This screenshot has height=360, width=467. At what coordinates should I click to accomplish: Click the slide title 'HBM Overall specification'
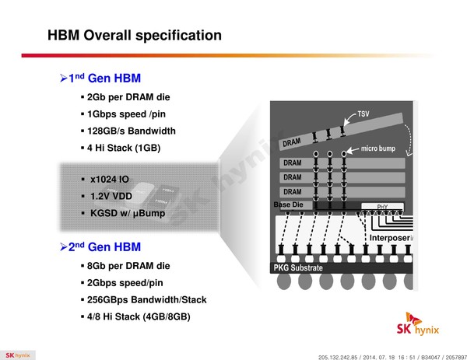click(135, 35)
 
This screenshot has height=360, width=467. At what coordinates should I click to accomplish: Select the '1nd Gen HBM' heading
click(104, 79)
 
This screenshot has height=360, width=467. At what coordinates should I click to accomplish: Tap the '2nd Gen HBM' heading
click(104, 247)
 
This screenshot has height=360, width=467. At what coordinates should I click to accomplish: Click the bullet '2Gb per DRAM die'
click(128, 97)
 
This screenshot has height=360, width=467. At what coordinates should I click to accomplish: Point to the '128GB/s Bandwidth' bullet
click(132, 131)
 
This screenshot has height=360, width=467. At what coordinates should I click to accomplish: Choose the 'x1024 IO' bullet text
click(110, 180)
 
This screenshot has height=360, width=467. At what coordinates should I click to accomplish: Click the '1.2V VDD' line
click(111, 197)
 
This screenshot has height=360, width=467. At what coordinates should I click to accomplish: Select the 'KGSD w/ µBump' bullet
click(128, 213)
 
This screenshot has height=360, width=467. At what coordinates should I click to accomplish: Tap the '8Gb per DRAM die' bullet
click(128, 266)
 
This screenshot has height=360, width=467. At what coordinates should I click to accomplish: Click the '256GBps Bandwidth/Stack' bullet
click(146, 300)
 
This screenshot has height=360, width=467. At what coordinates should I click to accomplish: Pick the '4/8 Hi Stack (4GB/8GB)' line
click(139, 316)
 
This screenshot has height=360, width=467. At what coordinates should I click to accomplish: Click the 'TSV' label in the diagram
click(363, 114)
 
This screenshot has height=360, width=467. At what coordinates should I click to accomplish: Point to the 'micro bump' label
click(378, 149)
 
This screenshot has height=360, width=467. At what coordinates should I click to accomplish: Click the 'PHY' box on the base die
click(382, 207)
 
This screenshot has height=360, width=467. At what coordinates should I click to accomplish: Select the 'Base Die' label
click(288, 204)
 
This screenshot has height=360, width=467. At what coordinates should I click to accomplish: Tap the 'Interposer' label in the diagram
click(390, 238)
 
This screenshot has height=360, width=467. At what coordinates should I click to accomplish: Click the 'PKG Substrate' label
click(298, 267)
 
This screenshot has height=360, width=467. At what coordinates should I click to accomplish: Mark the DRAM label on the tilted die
click(292, 142)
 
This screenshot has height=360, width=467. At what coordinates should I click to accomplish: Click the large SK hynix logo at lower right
click(417, 324)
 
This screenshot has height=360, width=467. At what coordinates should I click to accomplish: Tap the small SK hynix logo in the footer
click(18, 355)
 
